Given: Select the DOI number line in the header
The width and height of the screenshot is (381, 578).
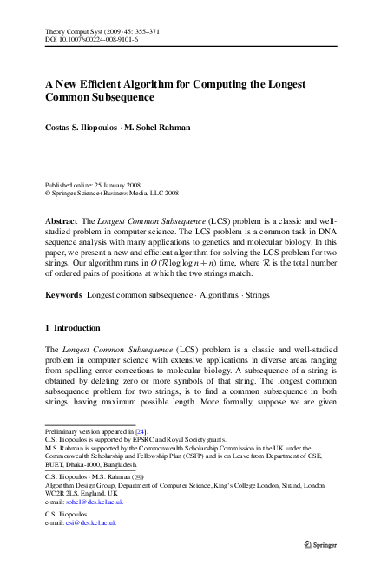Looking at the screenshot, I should [92, 40].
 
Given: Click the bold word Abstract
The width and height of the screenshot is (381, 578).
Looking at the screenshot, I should [61, 222].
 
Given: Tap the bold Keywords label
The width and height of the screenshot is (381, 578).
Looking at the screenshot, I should [63, 295].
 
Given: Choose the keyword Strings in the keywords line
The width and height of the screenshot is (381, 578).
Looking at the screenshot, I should [256, 295].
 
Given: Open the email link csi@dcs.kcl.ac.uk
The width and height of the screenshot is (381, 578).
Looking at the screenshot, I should [89, 523].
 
